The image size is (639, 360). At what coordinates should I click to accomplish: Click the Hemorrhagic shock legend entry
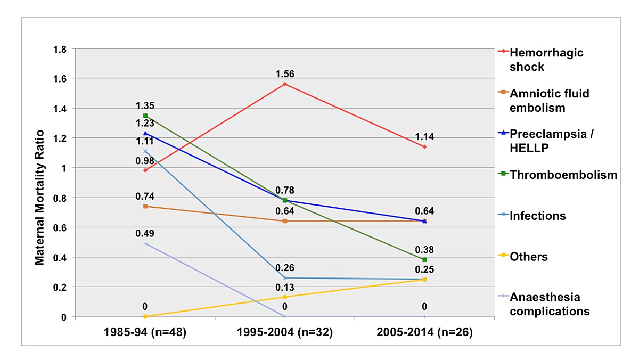pyautogui.click(x=546, y=60)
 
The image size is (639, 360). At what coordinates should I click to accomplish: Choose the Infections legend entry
pyautogui.click(x=538, y=216)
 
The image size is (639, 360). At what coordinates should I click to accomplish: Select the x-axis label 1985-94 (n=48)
pyautogui.click(x=145, y=333)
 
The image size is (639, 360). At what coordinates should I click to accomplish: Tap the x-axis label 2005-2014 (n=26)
pyautogui.click(x=424, y=333)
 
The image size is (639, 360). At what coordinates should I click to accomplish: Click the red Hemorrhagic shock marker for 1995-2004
pyautogui.click(x=285, y=84)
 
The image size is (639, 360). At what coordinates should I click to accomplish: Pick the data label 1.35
pyautogui.click(x=144, y=105)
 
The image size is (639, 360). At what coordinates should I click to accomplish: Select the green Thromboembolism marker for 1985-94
pyautogui.click(x=145, y=116)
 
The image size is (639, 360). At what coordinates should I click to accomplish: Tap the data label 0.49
pyautogui.click(x=144, y=233)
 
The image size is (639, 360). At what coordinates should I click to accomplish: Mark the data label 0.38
pyautogui.click(x=424, y=249)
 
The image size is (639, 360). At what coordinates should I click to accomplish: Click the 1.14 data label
pyautogui.click(x=424, y=136)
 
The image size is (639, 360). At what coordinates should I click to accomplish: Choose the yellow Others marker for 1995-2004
pyautogui.click(x=285, y=297)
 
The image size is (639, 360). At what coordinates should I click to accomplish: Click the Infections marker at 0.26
pyautogui.click(x=285, y=278)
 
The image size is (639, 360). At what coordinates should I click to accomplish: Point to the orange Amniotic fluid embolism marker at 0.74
pyautogui.click(x=145, y=206)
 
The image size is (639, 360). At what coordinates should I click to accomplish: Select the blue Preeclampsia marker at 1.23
pyautogui.click(x=145, y=133)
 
